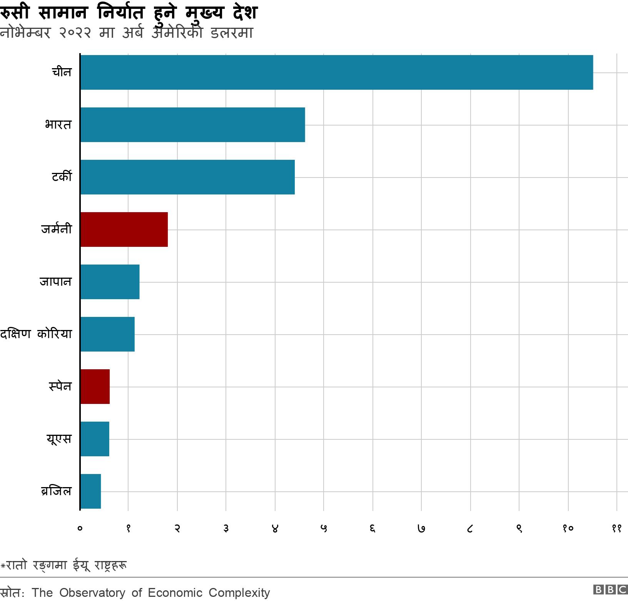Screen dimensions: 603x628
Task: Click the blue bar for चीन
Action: (337, 72)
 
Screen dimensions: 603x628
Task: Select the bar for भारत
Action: (192, 125)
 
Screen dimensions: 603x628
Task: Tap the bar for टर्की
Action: (187, 177)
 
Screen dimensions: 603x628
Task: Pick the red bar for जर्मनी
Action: (124, 229)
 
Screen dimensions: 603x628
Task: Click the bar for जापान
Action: (110, 282)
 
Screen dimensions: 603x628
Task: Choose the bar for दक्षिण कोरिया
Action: (107, 334)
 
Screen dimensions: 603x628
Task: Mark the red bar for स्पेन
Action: (95, 387)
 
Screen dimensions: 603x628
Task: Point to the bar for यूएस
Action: (95, 439)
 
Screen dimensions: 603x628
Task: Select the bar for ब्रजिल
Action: (90, 491)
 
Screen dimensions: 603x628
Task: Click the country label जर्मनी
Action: (57, 229)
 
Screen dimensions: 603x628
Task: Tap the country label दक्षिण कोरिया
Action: (36, 334)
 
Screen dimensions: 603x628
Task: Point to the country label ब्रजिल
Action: (56, 491)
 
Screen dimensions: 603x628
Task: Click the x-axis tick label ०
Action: (80, 529)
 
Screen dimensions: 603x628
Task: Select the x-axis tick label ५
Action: (324, 529)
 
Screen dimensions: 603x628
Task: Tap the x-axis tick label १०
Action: (568, 529)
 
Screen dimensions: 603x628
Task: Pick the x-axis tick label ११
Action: (616, 529)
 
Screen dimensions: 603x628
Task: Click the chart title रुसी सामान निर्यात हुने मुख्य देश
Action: (129, 13)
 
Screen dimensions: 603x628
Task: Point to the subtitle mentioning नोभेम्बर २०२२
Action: (126, 33)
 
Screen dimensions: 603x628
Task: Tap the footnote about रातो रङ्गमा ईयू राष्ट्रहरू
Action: (64, 565)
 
